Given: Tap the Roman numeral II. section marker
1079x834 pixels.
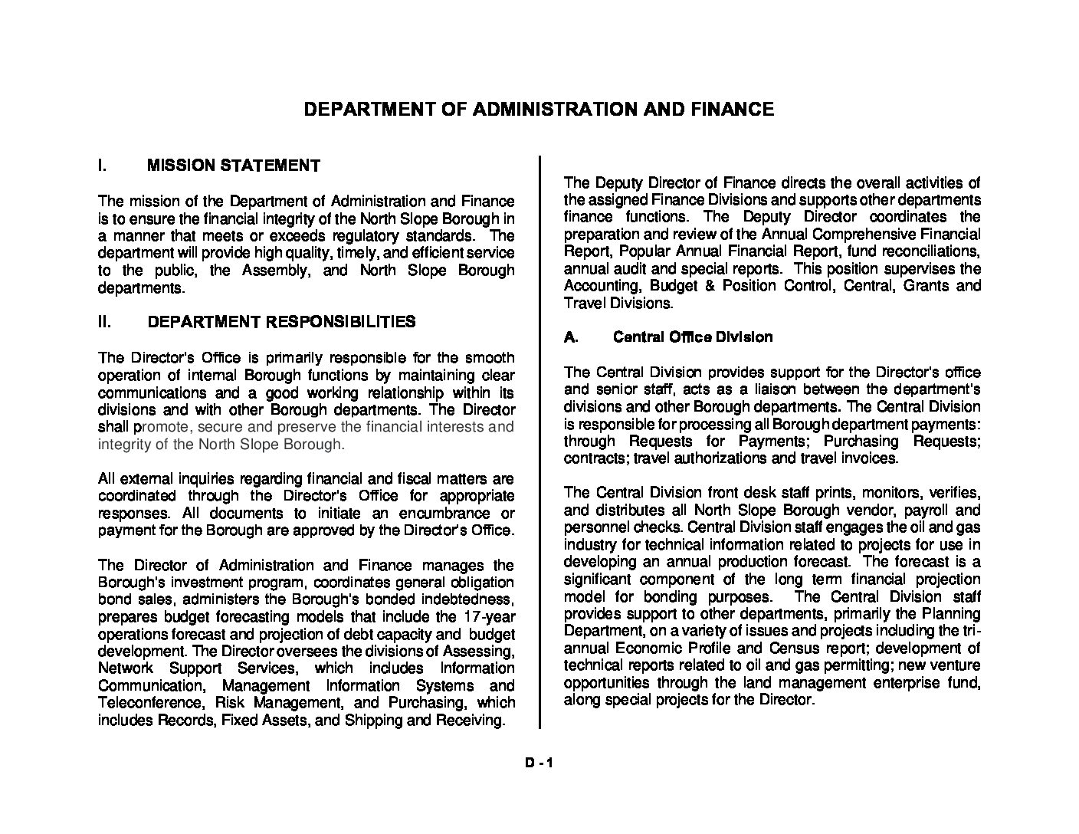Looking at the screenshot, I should tap(106, 322).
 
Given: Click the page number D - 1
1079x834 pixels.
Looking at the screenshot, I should tap(539, 763).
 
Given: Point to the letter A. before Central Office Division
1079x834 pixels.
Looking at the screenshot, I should tap(570, 337).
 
